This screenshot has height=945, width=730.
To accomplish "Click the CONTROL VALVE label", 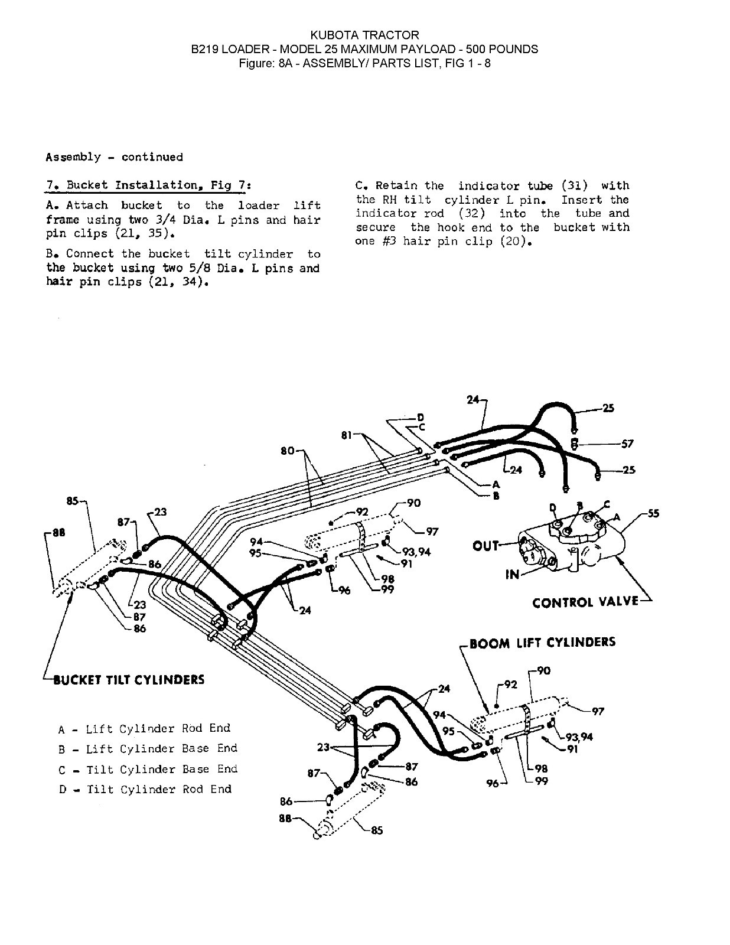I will (585, 602).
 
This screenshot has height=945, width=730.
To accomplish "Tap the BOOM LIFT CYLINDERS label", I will (542, 642).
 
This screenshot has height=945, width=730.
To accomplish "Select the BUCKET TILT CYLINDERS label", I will (129, 679).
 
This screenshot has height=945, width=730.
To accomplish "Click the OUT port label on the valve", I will (485, 546).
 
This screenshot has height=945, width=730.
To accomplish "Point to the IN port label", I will (512, 573).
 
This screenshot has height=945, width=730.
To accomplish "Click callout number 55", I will (653, 513).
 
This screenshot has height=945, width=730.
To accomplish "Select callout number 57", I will (627, 444).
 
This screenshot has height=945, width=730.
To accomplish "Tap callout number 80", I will (288, 451).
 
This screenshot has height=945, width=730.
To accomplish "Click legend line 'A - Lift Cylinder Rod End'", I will (144, 728).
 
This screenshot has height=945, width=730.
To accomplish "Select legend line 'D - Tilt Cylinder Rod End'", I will (145, 789).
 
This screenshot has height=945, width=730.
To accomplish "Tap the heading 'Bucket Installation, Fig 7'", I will (149, 185).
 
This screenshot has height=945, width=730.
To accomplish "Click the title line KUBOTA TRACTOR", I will (364, 35).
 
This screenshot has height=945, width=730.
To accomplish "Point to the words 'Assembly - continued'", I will (114, 157).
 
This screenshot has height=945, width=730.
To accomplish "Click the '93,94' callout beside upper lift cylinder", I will (416, 552).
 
